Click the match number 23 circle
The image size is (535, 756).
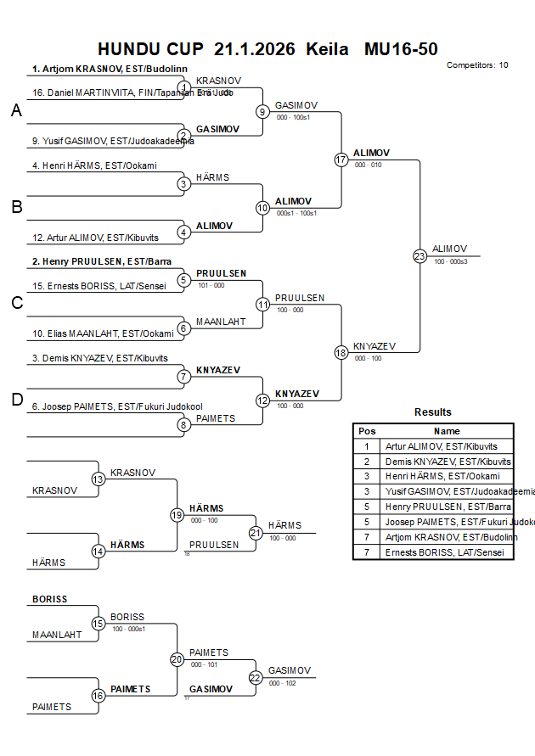coord(420,255)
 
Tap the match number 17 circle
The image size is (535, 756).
coord(341,160)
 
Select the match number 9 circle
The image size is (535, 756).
coord(263,111)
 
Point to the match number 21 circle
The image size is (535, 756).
coord(256,532)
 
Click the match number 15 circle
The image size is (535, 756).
coord(99,623)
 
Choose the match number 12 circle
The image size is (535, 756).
coord(263,400)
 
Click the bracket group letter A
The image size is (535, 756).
coord(16,111)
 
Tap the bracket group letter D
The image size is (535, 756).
coord(16,400)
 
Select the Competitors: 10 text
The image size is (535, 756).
coord(477,64)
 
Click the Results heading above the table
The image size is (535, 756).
coord(433,412)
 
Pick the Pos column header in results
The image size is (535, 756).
coord(367,431)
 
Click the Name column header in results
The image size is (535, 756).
coord(448,431)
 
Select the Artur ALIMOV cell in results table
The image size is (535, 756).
coord(442,446)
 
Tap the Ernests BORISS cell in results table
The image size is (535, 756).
coord(442,552)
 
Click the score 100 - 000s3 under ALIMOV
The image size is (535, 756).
coord(451,262)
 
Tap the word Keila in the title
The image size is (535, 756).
coord(327,49)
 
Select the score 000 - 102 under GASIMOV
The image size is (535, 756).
coord(282,683)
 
